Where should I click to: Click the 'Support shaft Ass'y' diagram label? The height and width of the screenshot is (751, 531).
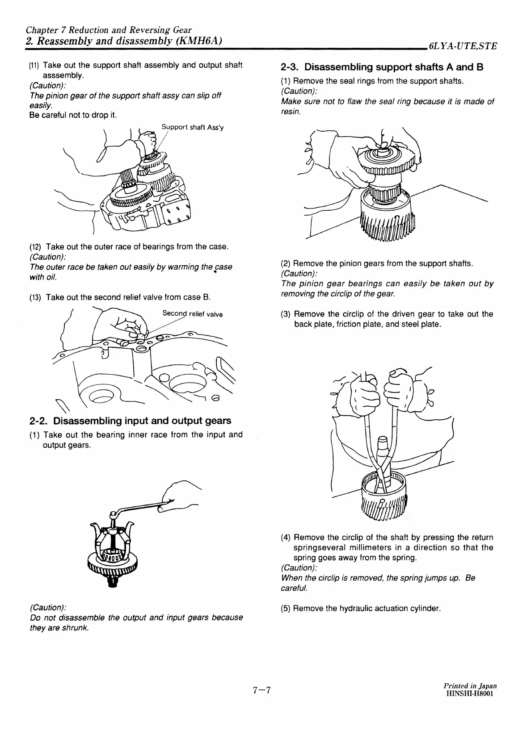click(x=193, y=127)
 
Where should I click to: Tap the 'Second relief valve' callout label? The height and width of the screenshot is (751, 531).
click(x=192, y=314)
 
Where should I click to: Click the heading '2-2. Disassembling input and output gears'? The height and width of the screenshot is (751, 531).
click(x=130, y=421)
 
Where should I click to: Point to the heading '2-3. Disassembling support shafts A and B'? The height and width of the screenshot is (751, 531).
click(x=382, y=67)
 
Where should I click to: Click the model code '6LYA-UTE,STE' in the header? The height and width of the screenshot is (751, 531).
click(x=462, y=46)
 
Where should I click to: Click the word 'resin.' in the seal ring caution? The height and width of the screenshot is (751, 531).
click(x=291, y=112)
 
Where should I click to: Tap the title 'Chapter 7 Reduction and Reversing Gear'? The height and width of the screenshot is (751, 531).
click(x=109, y=30)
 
